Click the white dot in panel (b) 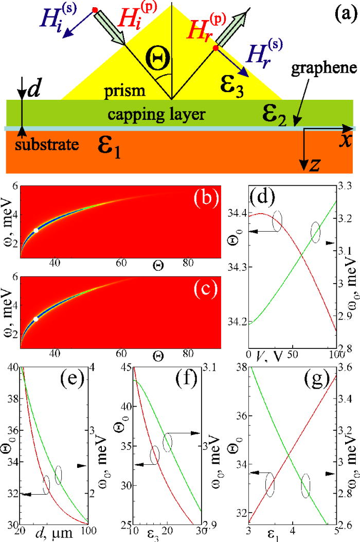click(36, 231)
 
